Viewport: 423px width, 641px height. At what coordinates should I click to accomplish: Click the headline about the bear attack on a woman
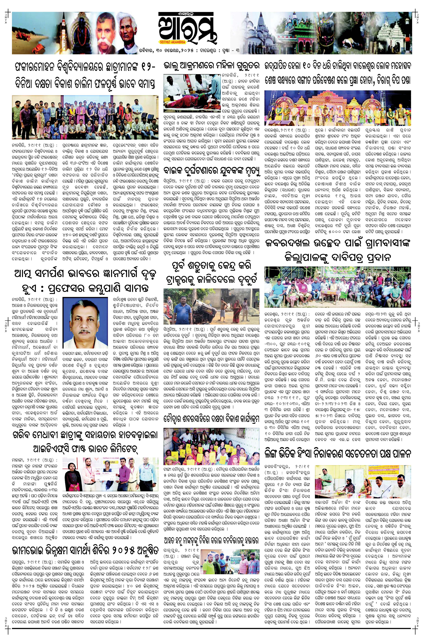click(212, 66)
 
